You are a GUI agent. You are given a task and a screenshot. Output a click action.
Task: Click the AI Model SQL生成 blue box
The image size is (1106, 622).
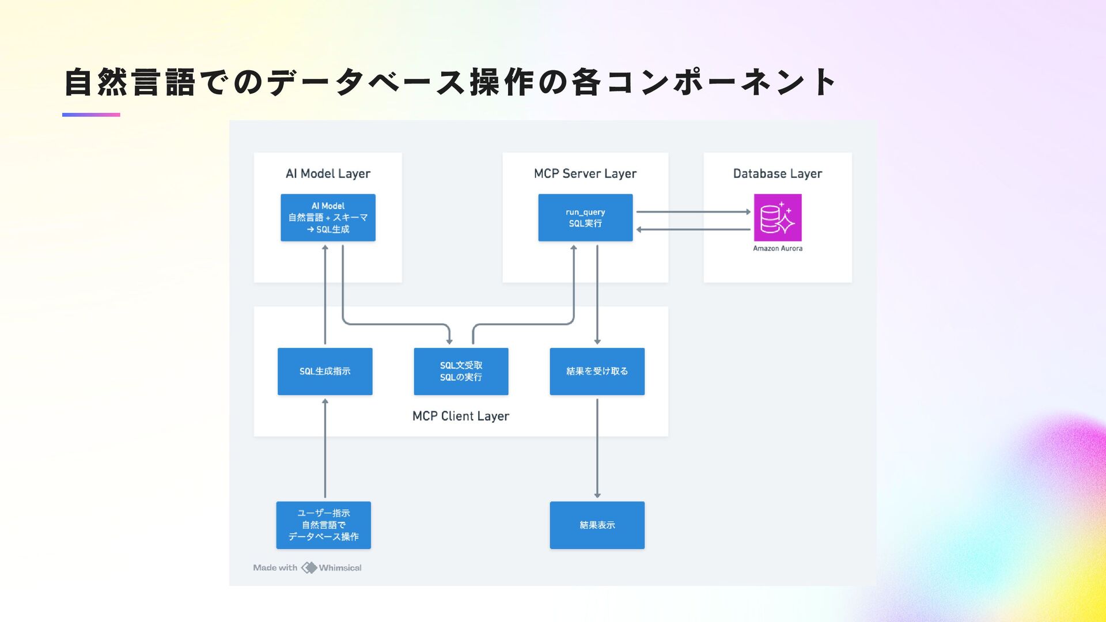328,217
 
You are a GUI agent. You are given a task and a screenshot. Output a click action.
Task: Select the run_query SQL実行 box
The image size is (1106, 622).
585,217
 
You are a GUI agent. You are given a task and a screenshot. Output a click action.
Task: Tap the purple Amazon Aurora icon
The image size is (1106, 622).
778,217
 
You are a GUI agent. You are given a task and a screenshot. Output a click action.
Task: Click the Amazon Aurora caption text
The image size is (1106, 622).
778,248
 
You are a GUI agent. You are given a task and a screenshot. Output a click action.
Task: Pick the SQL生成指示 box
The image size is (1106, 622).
325,371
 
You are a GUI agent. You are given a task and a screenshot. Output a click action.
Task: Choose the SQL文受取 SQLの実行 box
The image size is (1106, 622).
461,371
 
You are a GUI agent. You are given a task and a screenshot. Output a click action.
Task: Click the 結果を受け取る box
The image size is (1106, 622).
597,371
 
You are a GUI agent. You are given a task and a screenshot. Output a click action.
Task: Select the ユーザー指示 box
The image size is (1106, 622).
324,525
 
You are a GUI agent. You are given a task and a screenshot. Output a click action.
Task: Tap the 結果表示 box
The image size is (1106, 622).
597,525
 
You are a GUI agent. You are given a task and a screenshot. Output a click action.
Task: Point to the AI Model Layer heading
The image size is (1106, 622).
328,173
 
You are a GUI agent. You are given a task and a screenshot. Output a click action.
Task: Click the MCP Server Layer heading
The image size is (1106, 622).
585,173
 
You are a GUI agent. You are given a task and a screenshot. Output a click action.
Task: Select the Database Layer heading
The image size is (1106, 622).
778,173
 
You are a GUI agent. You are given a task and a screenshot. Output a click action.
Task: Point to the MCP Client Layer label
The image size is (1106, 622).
461,416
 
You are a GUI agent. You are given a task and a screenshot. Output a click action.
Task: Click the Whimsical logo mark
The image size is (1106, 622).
309,567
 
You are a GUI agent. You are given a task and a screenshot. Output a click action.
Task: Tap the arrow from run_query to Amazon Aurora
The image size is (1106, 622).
694,211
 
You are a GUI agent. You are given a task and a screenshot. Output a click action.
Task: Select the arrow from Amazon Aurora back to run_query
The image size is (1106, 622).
694,229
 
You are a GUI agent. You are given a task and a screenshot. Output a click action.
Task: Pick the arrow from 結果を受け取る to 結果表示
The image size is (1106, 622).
597,448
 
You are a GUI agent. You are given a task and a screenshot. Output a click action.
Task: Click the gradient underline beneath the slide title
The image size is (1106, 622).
91,115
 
